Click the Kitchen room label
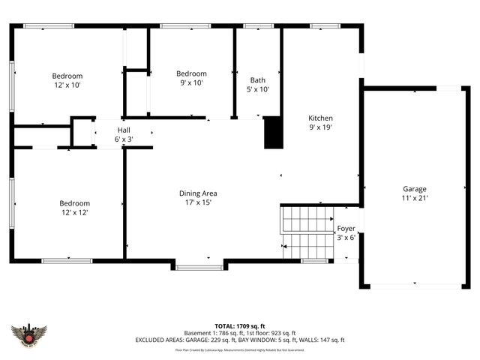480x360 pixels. click(320, 118)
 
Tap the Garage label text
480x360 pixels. click(415, 189)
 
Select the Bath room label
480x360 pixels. click(258, 80)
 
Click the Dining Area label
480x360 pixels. click(198, 193)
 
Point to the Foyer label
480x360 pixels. click(346, 228)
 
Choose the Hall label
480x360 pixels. click(124, 130)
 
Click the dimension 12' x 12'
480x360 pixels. click(75, 213)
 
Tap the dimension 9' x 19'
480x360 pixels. click(320, 127)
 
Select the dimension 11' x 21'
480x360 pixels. click(415, 198)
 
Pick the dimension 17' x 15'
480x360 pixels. click(198, 202)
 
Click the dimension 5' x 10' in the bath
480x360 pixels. click(258, 89)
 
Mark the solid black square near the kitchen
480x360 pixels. click(274, 133)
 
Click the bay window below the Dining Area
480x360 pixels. click(199, 266)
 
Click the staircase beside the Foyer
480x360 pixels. click(307, 230)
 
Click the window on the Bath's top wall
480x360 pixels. click(258, 25)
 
